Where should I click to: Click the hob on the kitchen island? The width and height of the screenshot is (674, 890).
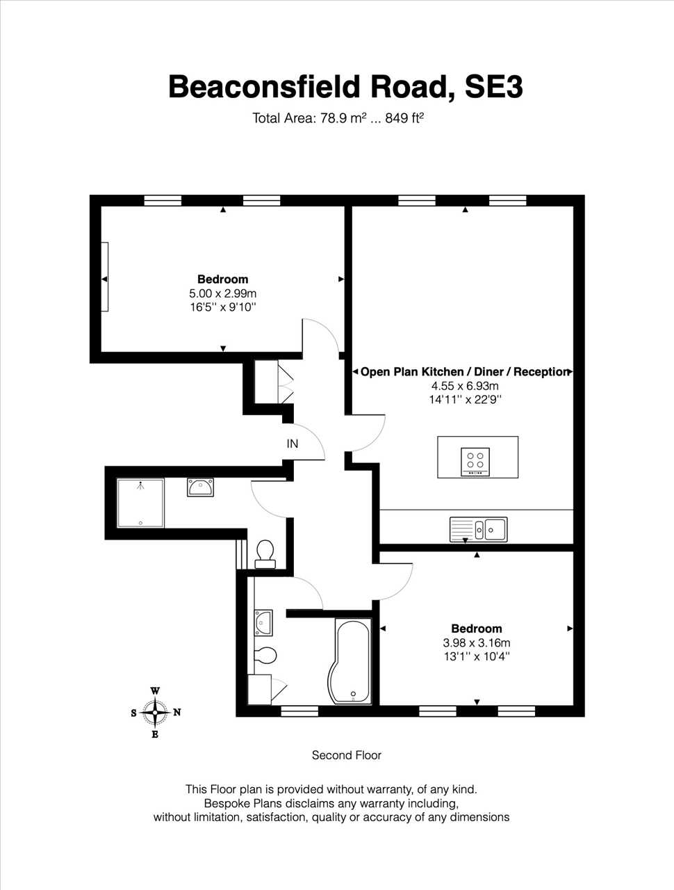(475, 462)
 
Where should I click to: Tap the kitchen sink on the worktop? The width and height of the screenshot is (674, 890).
(478, 529)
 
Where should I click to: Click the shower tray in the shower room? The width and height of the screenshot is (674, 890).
(140, 503)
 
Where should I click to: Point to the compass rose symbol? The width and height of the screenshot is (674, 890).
(155, 713)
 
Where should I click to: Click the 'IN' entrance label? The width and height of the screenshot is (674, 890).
(292, 444)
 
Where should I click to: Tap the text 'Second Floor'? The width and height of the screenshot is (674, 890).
(346, 755)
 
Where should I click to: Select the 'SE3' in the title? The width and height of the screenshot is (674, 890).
(493, 87)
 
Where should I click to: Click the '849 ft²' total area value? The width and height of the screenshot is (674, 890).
(404, 118)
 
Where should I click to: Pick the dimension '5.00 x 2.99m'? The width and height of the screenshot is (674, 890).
(223, 293)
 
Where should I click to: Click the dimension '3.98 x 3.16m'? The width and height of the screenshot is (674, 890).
(477, 642)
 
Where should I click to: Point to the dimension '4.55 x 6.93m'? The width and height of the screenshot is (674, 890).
(465, 386)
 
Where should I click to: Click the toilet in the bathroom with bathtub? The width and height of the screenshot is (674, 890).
(265, 655)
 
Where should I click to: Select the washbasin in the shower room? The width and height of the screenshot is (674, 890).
(201, 487)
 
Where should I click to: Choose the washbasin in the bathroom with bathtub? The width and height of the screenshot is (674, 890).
(263, 623)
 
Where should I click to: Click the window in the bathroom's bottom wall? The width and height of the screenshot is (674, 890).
(299, 711)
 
